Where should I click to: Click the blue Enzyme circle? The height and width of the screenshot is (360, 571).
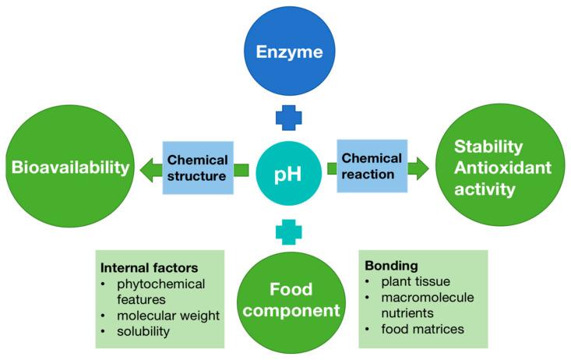(x=289, y=53)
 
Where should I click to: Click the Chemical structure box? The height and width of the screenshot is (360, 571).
(x=198, y=168)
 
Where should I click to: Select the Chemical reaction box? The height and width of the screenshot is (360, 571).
(x=372, y=166)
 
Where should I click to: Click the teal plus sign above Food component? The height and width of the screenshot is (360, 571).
(x=289, y=231)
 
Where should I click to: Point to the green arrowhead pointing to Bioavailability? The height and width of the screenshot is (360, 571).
(x=144, y=168)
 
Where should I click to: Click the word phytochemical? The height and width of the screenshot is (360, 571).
(x=161, y=284)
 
